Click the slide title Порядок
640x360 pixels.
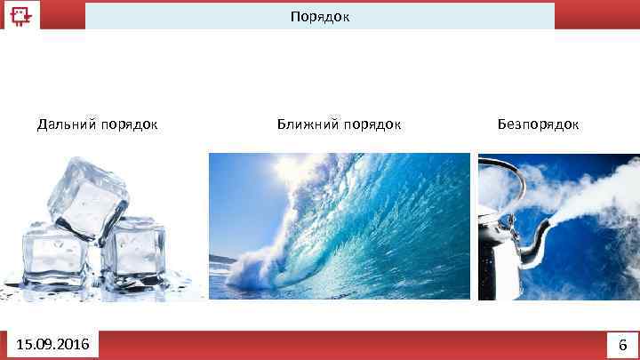[x=320, y=16]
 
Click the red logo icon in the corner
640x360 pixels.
[x=20, y=16]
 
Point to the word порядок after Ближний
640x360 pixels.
[x=372, y=124]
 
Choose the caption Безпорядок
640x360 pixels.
[x=538, y=124]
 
